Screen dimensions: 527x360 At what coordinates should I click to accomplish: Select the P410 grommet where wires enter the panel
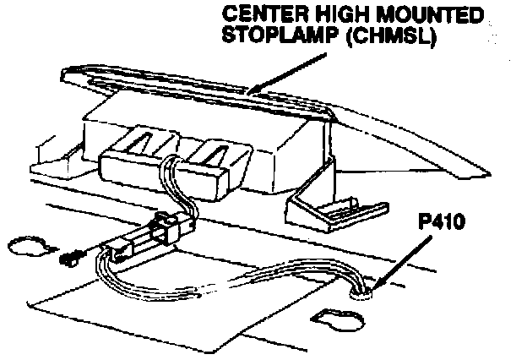pos(361,295)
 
